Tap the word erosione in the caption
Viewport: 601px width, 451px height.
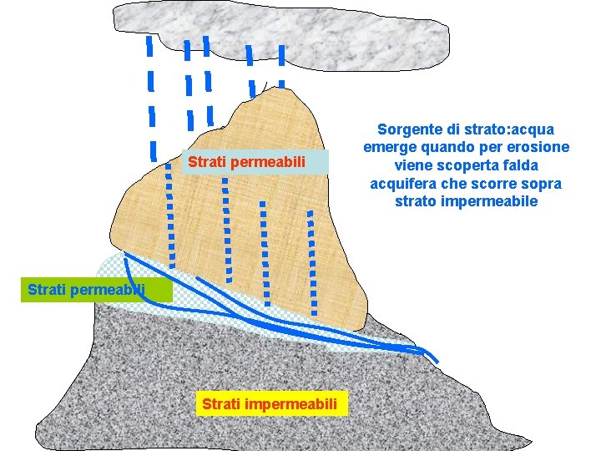[x=538, y=148]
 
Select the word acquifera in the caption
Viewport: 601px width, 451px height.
[x=405, y=184]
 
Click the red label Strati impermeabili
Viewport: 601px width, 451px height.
[x=270, y=405]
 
